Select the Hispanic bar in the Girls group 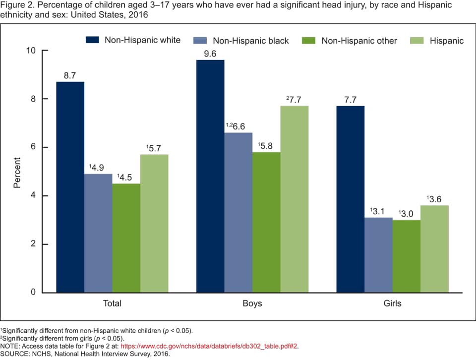tap(434, 248)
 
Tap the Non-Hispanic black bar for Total tap(98, 233)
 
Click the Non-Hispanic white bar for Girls tap(351, 199)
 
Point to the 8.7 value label tap(70, 76)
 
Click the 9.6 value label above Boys tap(210, 54)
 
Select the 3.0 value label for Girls tap(406, 214)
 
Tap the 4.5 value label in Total tap(125, 178)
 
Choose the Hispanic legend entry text tap(447, 41)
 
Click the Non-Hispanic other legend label tap(359, 41)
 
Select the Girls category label tap(392, 303)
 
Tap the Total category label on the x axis tap(112, 303)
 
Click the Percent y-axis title tap(17, 172)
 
